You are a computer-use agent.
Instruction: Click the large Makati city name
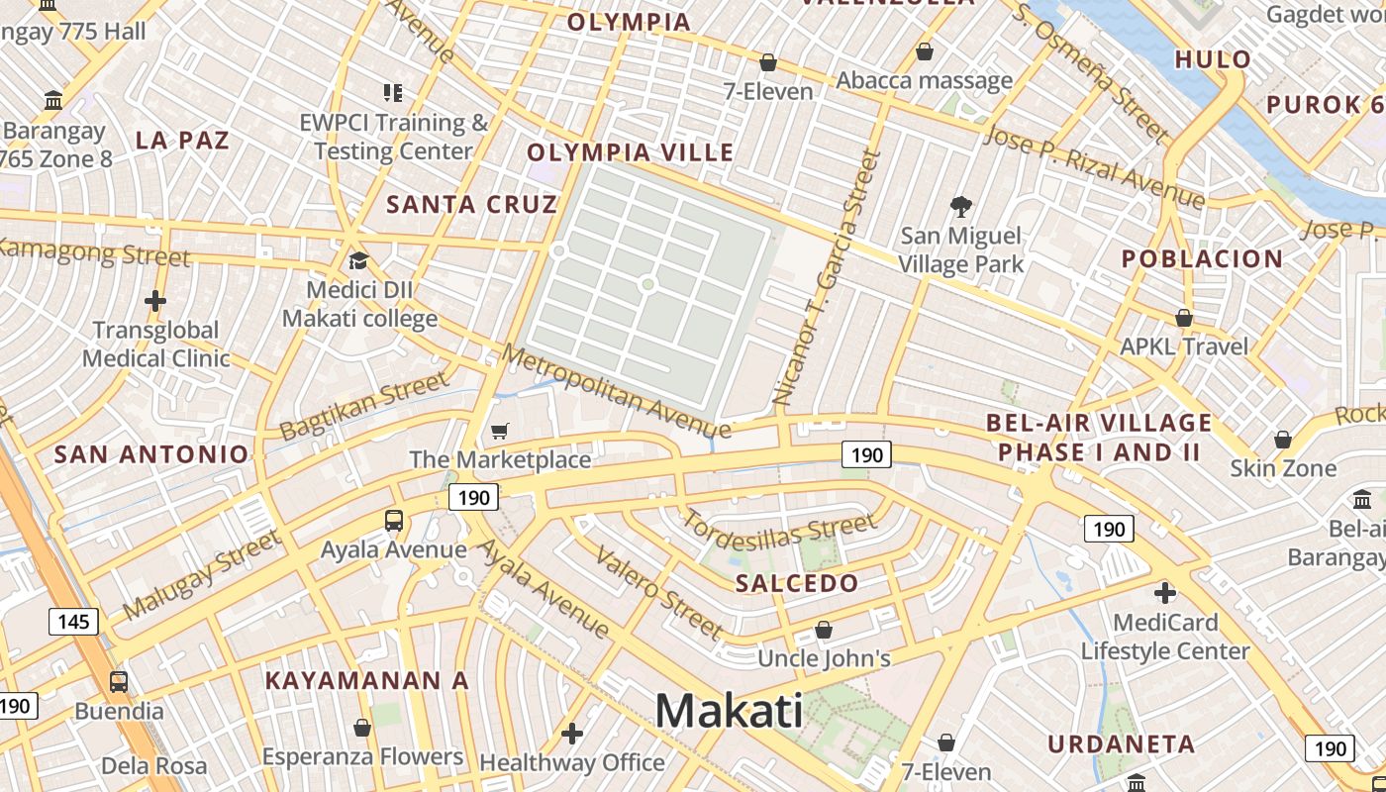point(729,710)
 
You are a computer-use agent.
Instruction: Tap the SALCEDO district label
point(797,582)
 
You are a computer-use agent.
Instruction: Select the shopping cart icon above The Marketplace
point(500,431)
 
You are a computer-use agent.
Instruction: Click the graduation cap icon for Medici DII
point(358,260)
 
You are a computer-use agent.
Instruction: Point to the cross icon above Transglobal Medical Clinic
point(155,300)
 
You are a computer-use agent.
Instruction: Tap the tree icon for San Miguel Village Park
point(960,206)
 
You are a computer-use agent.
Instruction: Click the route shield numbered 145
point(73,622)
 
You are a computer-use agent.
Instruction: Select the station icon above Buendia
point(119,681)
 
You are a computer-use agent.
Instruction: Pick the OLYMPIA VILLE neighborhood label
point(631,152)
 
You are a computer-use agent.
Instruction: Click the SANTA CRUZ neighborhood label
point(472,205)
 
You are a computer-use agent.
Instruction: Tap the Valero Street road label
point(658,592)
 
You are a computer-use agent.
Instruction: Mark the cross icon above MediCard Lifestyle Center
point(1165,593)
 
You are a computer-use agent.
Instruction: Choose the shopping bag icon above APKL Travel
point(1183,318)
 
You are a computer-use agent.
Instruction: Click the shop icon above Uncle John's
point(824,630)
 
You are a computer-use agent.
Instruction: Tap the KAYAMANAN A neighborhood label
point(366,681)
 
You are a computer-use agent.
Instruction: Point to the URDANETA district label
point(1122,743)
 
